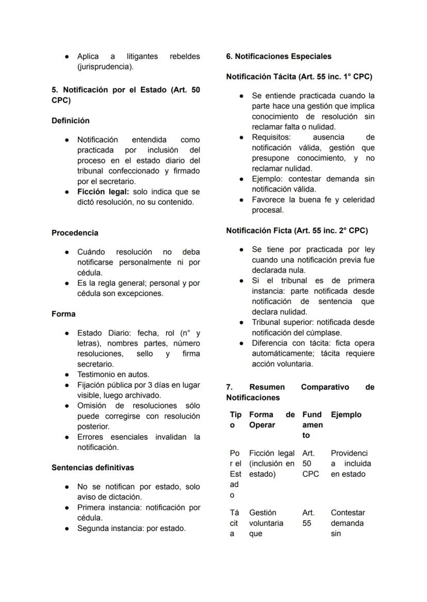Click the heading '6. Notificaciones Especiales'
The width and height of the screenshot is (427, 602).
(x=278, y=56)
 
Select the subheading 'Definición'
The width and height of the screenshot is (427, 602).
(x=70, y=121)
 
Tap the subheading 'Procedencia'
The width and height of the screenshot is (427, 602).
(x=75, y=233)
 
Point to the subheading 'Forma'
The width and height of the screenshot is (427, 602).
(x=63, y=314)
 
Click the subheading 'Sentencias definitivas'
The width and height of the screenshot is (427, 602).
(x=93, y=468)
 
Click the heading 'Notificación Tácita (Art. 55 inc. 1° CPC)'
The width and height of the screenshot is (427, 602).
(x=299, y=77)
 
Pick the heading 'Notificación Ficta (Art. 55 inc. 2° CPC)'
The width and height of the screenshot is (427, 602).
(x=297, y=230)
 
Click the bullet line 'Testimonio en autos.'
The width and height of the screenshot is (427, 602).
(x=113, y=374)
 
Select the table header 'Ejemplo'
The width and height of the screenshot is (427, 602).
(x=346, y=415)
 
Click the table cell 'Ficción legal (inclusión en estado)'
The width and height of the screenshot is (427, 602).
(x=272, y=463)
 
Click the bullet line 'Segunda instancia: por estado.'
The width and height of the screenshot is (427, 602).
(x=131, y=528)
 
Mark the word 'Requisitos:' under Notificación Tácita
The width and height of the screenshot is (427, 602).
(x=271, y=137)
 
